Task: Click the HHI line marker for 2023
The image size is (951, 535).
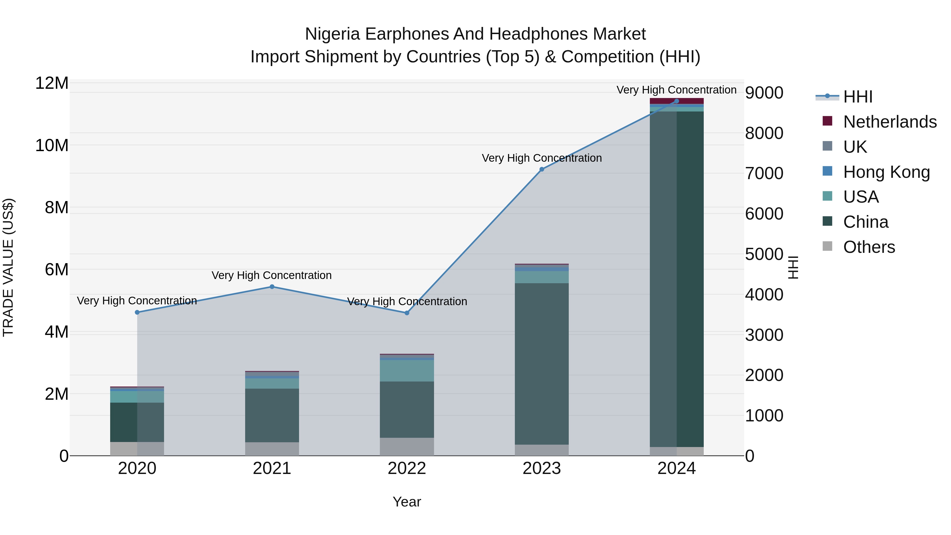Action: (x=542, y=169)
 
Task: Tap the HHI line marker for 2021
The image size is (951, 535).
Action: (x=272, y=287)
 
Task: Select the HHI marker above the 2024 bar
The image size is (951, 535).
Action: (x=676, y=101)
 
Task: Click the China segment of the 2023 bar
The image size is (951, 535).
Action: (x=542, y=364)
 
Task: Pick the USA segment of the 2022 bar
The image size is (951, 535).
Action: (x=407, y=371)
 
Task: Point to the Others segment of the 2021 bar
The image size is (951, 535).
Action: (x=272, y=449)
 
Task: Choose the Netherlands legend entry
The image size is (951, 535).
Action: (x=890, y=122)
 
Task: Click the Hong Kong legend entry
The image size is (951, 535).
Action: (x=886, y=172)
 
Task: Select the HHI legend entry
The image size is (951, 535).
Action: (x=857, y=97)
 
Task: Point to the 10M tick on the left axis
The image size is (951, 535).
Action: (x=52, y=146)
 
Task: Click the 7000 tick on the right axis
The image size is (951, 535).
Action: (x=764, y=174)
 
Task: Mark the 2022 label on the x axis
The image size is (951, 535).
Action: (x=407, y=468)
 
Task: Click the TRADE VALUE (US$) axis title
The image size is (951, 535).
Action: (x=8, y=267)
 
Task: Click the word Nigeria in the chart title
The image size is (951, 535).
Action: (x=332, y=34)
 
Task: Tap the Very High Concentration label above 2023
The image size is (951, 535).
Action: (x=542, y=158)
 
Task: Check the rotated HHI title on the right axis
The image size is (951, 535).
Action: (x=793, y=267)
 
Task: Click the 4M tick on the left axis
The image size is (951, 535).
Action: (x=56, y=332)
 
